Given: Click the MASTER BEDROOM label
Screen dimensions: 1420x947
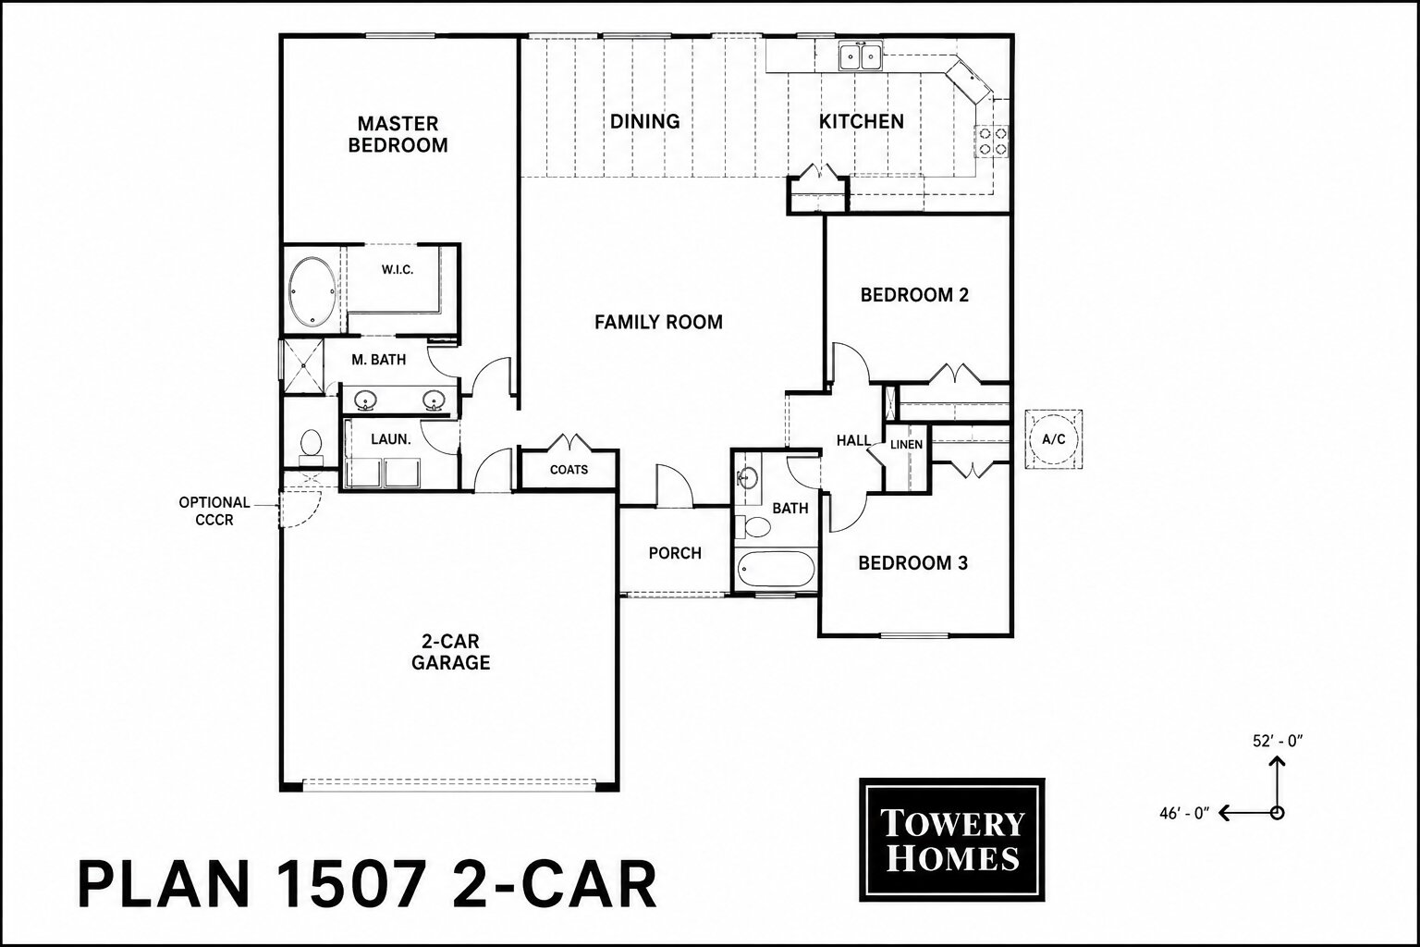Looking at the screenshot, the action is click(x=398, y=134).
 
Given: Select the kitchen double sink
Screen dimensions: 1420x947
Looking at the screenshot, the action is click(x=861, y=57).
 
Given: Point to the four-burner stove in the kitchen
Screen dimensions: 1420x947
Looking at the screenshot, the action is click(x=992, y=141).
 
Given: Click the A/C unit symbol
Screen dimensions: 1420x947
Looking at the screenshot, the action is click(x=1054, y=439).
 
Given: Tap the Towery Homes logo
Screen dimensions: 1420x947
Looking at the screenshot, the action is click(x=951, y=839).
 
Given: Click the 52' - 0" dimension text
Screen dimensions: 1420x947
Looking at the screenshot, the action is click(x=1278, y=741).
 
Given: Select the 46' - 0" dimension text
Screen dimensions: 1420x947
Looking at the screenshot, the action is click(x=1185, y=813).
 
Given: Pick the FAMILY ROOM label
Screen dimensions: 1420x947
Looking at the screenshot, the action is click(x=658, y=322).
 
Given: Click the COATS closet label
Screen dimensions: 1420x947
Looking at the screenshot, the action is click(x=569, y=470).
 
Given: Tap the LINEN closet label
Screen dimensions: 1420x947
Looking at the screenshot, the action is click(x=907, y=445).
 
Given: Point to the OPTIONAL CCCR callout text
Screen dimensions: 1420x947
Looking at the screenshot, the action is click(x=214, y=511).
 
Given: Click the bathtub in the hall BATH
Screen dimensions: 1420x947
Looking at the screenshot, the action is click(x=775, y=569).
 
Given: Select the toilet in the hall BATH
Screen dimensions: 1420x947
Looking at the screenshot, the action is click(x=753, y=527).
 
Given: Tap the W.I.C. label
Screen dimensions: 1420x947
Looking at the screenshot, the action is click(x=398, y=269).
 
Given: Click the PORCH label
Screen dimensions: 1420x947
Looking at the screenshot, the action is click(x=675, y=553).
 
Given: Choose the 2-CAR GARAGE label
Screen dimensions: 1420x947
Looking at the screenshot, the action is click(x=451, y=652).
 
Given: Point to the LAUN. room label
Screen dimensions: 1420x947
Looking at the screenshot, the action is click(x=391, y=439).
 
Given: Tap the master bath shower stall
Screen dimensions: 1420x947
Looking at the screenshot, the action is click(x=302, y=366).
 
